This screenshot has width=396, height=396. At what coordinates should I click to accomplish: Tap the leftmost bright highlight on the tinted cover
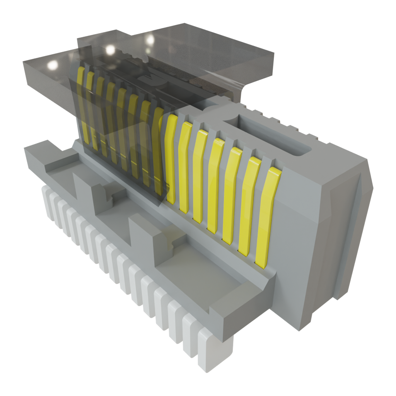[52, 65]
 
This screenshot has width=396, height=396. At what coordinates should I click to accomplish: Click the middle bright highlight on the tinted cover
[110, 49]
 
